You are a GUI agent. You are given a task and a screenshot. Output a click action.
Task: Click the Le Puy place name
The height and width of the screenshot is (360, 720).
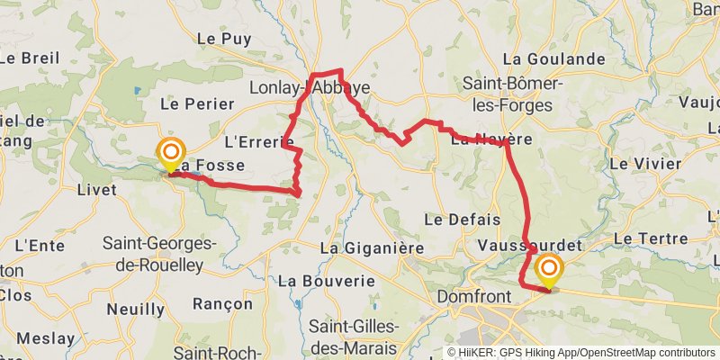[x=223, y=39]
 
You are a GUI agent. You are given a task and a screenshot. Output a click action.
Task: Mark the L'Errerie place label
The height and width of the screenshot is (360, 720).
[x=259, y=141]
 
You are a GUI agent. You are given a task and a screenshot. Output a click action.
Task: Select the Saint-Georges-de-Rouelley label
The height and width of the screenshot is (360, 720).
[x=159, y=254]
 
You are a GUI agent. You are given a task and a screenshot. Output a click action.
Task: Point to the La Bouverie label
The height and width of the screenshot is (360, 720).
[x=326, y=281]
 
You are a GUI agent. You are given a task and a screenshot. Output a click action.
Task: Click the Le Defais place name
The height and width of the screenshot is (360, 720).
[x=454, y=220]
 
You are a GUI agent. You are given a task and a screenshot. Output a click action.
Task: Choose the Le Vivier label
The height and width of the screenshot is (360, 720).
[x=645, y=164]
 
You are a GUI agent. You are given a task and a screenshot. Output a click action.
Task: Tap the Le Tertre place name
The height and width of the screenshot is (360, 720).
[x=650, y=238]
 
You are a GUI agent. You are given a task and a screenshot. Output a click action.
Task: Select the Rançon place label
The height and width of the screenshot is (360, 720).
[x=222, y=304]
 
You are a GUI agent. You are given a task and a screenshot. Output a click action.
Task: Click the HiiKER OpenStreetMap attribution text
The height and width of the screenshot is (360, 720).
[x=581, y=353]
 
